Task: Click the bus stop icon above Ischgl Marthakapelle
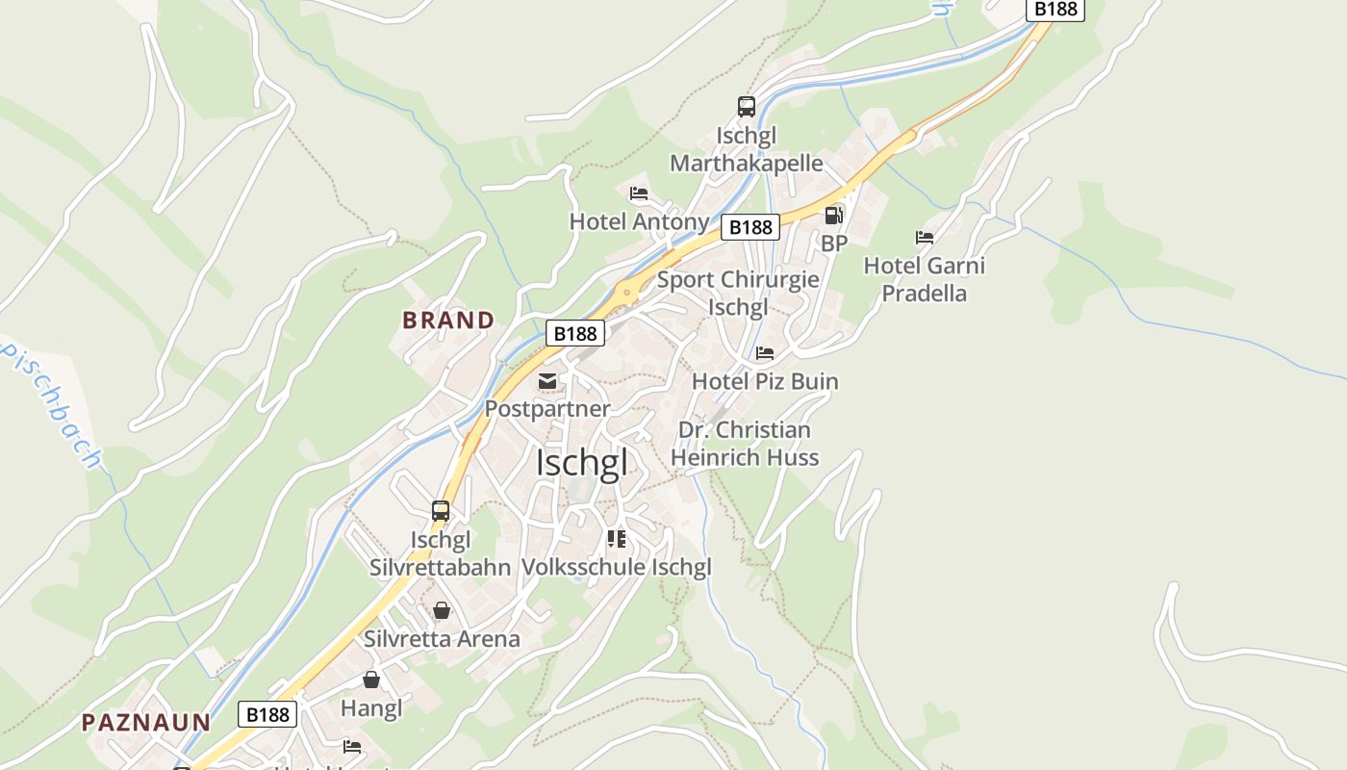747,107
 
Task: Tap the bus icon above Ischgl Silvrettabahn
441,511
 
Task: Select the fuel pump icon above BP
834,216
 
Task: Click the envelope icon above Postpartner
547,381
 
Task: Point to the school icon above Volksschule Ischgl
617,539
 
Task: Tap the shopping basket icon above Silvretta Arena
442,610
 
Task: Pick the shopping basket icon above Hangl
371,680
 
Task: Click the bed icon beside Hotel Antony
639,193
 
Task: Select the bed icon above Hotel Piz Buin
765,353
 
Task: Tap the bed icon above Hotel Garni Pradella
925,237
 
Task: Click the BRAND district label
448,321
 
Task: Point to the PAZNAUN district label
146,723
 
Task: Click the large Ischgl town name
582,463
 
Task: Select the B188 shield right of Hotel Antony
750,227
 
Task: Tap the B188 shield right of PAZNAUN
267,714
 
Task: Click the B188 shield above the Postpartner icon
575,333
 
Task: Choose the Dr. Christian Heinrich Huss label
745,444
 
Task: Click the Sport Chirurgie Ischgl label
738,294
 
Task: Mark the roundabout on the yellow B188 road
627,291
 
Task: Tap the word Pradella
925,294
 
